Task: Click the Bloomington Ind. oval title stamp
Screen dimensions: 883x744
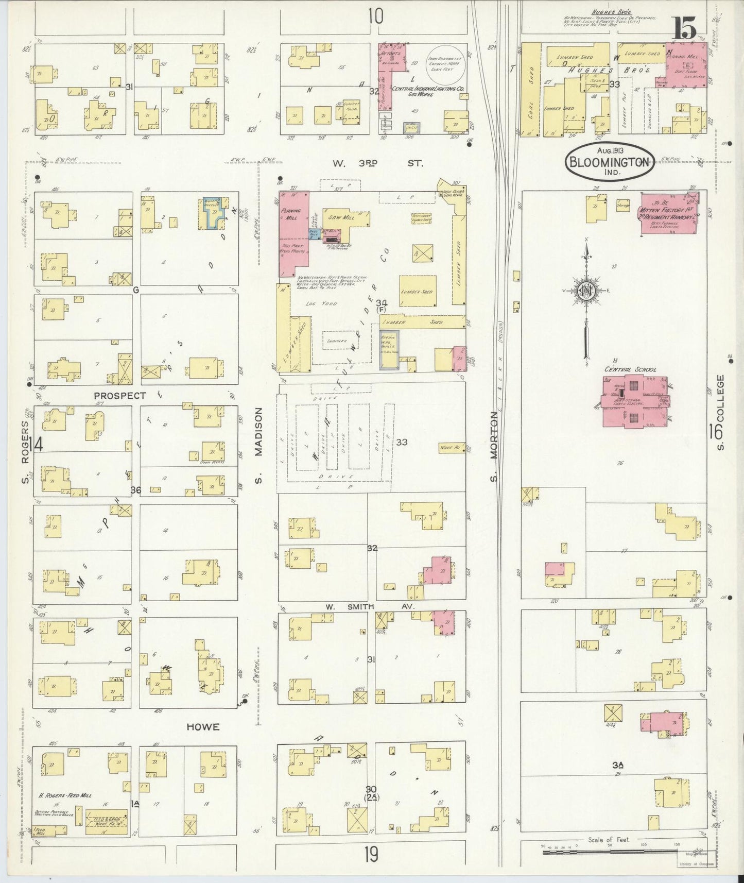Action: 610,162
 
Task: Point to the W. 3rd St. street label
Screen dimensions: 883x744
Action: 377,163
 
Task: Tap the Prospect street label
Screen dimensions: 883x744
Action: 119,396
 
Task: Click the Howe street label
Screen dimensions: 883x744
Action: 202,727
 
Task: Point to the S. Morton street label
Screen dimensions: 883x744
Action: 494,447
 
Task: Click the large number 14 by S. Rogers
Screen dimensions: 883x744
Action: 37,444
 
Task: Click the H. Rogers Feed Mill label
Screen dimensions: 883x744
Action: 65,810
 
